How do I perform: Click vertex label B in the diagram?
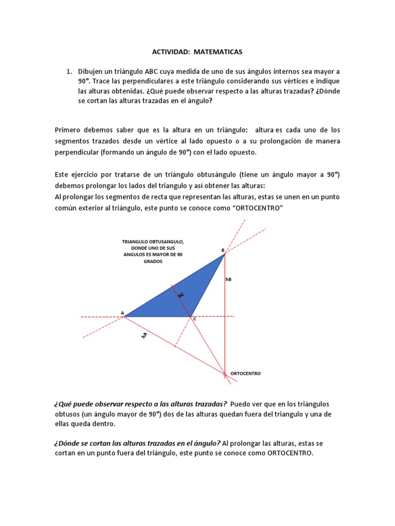click(x=223, y=250)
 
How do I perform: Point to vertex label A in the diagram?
click(x=122, y=312)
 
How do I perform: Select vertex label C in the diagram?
click(x=194, y=320)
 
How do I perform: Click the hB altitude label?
click(x=229, y=279)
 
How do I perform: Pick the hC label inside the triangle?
click(x=181, y=294)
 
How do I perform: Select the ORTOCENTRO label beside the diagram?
click(x=246, y=373)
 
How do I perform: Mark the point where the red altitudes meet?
click(x=225, y=374)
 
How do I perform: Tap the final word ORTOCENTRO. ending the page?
click(x=290, y=454)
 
